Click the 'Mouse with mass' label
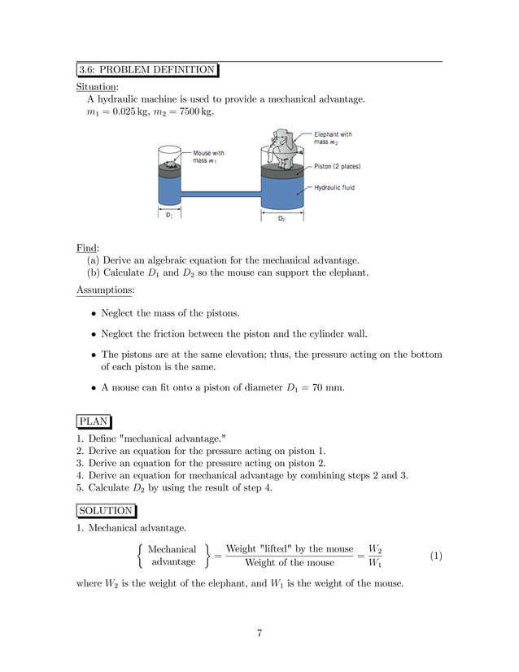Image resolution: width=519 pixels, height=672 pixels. tap(208, 156)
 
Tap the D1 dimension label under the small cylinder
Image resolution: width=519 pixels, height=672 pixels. tap(168, 216)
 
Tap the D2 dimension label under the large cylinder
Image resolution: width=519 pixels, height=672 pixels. tap(281, 218)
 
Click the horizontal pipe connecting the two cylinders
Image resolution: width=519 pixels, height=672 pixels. tap(220, 193)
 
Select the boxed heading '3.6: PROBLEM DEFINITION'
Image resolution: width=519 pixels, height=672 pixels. tap(147, 69)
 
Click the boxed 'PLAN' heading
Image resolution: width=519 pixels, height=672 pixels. tap(94, 421)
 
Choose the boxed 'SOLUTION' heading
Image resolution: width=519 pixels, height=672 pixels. tap(106, 510)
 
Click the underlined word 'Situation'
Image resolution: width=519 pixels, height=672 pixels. tap(97, 86)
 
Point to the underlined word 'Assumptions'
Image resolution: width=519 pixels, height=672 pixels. tap(105, 289)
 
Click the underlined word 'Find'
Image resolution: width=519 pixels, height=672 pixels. tap(86, 247)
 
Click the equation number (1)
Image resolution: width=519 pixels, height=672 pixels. tap(436, 556)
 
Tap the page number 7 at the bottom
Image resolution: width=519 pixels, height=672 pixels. tap(259, 634)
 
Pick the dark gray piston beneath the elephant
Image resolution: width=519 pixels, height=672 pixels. tap(281, 171)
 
